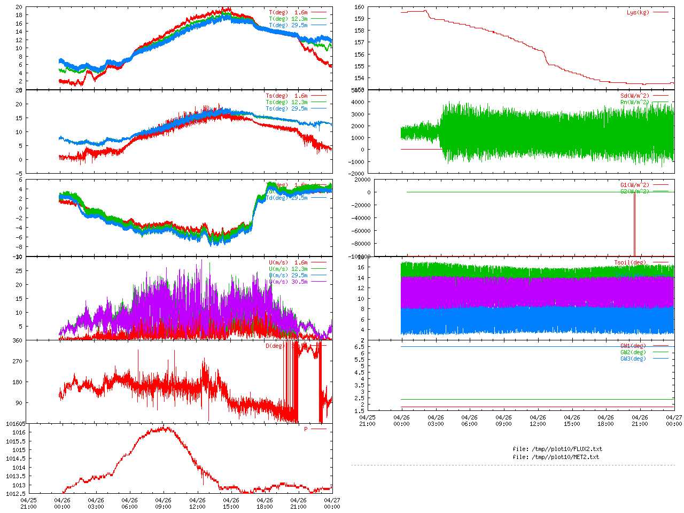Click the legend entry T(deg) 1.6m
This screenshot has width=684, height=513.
pos(288,12)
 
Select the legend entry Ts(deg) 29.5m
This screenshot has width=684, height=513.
pos(286,108)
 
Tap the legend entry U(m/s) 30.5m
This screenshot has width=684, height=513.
pos(288,282)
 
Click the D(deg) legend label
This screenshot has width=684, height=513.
pos(276,346)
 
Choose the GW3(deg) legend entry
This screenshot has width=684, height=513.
pos(633,359)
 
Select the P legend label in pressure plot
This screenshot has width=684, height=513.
pos(306,429)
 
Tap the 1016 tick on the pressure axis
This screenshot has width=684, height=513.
pos(19,432)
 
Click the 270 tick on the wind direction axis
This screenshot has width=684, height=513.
pos(17,361)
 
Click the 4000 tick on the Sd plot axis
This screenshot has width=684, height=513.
pos(357,102)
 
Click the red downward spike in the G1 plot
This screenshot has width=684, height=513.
pos(634,224)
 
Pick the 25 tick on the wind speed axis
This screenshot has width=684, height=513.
pos(19,271)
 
